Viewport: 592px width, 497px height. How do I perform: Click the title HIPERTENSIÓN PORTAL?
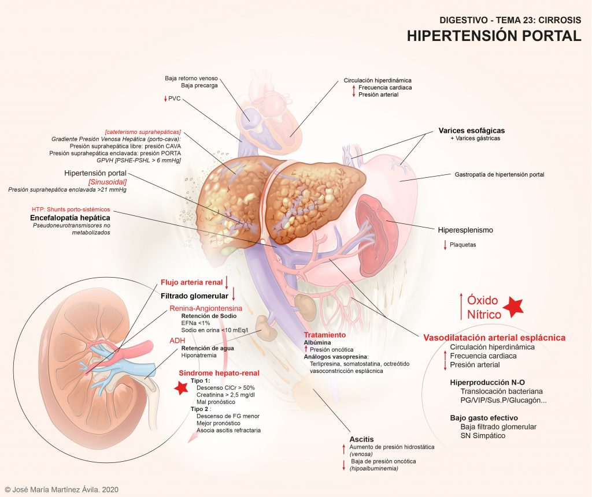[494, 35]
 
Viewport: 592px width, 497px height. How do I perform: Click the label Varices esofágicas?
[472, 130]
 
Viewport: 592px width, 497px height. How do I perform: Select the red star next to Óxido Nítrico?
[513, 307]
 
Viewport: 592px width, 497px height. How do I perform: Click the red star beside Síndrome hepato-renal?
[180, 388]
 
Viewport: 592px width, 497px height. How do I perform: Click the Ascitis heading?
[361, 440]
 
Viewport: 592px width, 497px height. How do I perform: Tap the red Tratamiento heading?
[324, 335]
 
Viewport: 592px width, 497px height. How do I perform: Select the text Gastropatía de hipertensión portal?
[500, 174]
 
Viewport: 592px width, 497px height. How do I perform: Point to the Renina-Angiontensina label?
[205, 309]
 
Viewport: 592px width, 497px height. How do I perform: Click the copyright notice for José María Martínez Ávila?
[61, 489]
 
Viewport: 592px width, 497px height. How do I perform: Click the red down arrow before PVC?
[165, 99]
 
